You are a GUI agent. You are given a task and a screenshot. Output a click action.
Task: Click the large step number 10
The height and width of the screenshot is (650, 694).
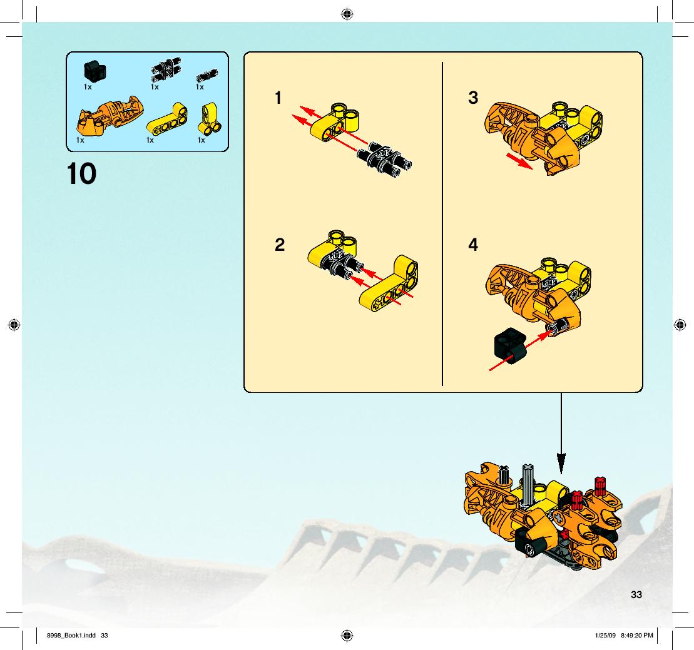coord(81,173)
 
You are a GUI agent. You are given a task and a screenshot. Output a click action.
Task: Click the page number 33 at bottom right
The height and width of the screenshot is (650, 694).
coord(636,595)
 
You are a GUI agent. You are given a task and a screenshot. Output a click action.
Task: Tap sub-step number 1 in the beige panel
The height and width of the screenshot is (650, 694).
coord(278,98)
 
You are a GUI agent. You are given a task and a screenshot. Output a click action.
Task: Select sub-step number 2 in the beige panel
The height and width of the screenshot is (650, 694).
coord(280,245)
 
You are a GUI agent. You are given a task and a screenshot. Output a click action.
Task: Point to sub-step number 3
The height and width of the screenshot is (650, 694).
coord(473,98)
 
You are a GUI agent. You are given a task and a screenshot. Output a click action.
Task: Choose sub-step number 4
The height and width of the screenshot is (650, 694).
coord(473,245)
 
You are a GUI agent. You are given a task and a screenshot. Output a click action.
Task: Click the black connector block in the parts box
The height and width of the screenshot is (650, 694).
coord(94,70)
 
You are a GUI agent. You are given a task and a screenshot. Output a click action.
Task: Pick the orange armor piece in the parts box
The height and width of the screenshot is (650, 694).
coord(110,116)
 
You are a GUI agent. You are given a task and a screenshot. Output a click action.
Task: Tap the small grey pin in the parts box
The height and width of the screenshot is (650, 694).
coord(207,75)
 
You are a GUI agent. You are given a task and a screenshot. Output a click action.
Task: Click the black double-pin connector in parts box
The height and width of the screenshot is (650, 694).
coord(166,69)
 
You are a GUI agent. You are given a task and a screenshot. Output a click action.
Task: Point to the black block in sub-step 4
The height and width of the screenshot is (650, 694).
coord(509,345)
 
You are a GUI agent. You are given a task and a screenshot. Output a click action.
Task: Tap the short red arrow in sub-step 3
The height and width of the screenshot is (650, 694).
coord(519,161)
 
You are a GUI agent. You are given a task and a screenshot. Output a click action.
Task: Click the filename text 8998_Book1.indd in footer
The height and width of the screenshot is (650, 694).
coord(71,636)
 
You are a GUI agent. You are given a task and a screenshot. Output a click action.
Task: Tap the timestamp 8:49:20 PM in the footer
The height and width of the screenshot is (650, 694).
coord(637,636)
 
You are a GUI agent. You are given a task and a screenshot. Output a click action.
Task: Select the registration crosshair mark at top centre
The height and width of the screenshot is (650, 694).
coord(347,14)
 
